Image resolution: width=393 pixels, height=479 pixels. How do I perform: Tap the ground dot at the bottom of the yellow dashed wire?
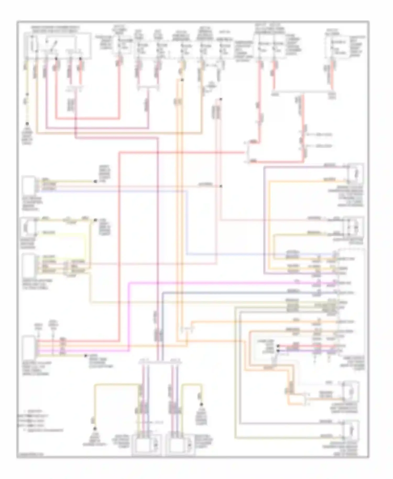(x=27, y=123)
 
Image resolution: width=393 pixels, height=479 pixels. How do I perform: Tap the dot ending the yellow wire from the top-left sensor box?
(x=95, y=181)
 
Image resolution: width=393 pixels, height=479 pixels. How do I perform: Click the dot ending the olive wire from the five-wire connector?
(x=86, y=356)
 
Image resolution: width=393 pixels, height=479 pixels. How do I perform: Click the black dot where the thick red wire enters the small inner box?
(x=278, y=346)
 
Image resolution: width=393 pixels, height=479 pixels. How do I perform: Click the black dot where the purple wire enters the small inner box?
(x=278, y=350)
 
